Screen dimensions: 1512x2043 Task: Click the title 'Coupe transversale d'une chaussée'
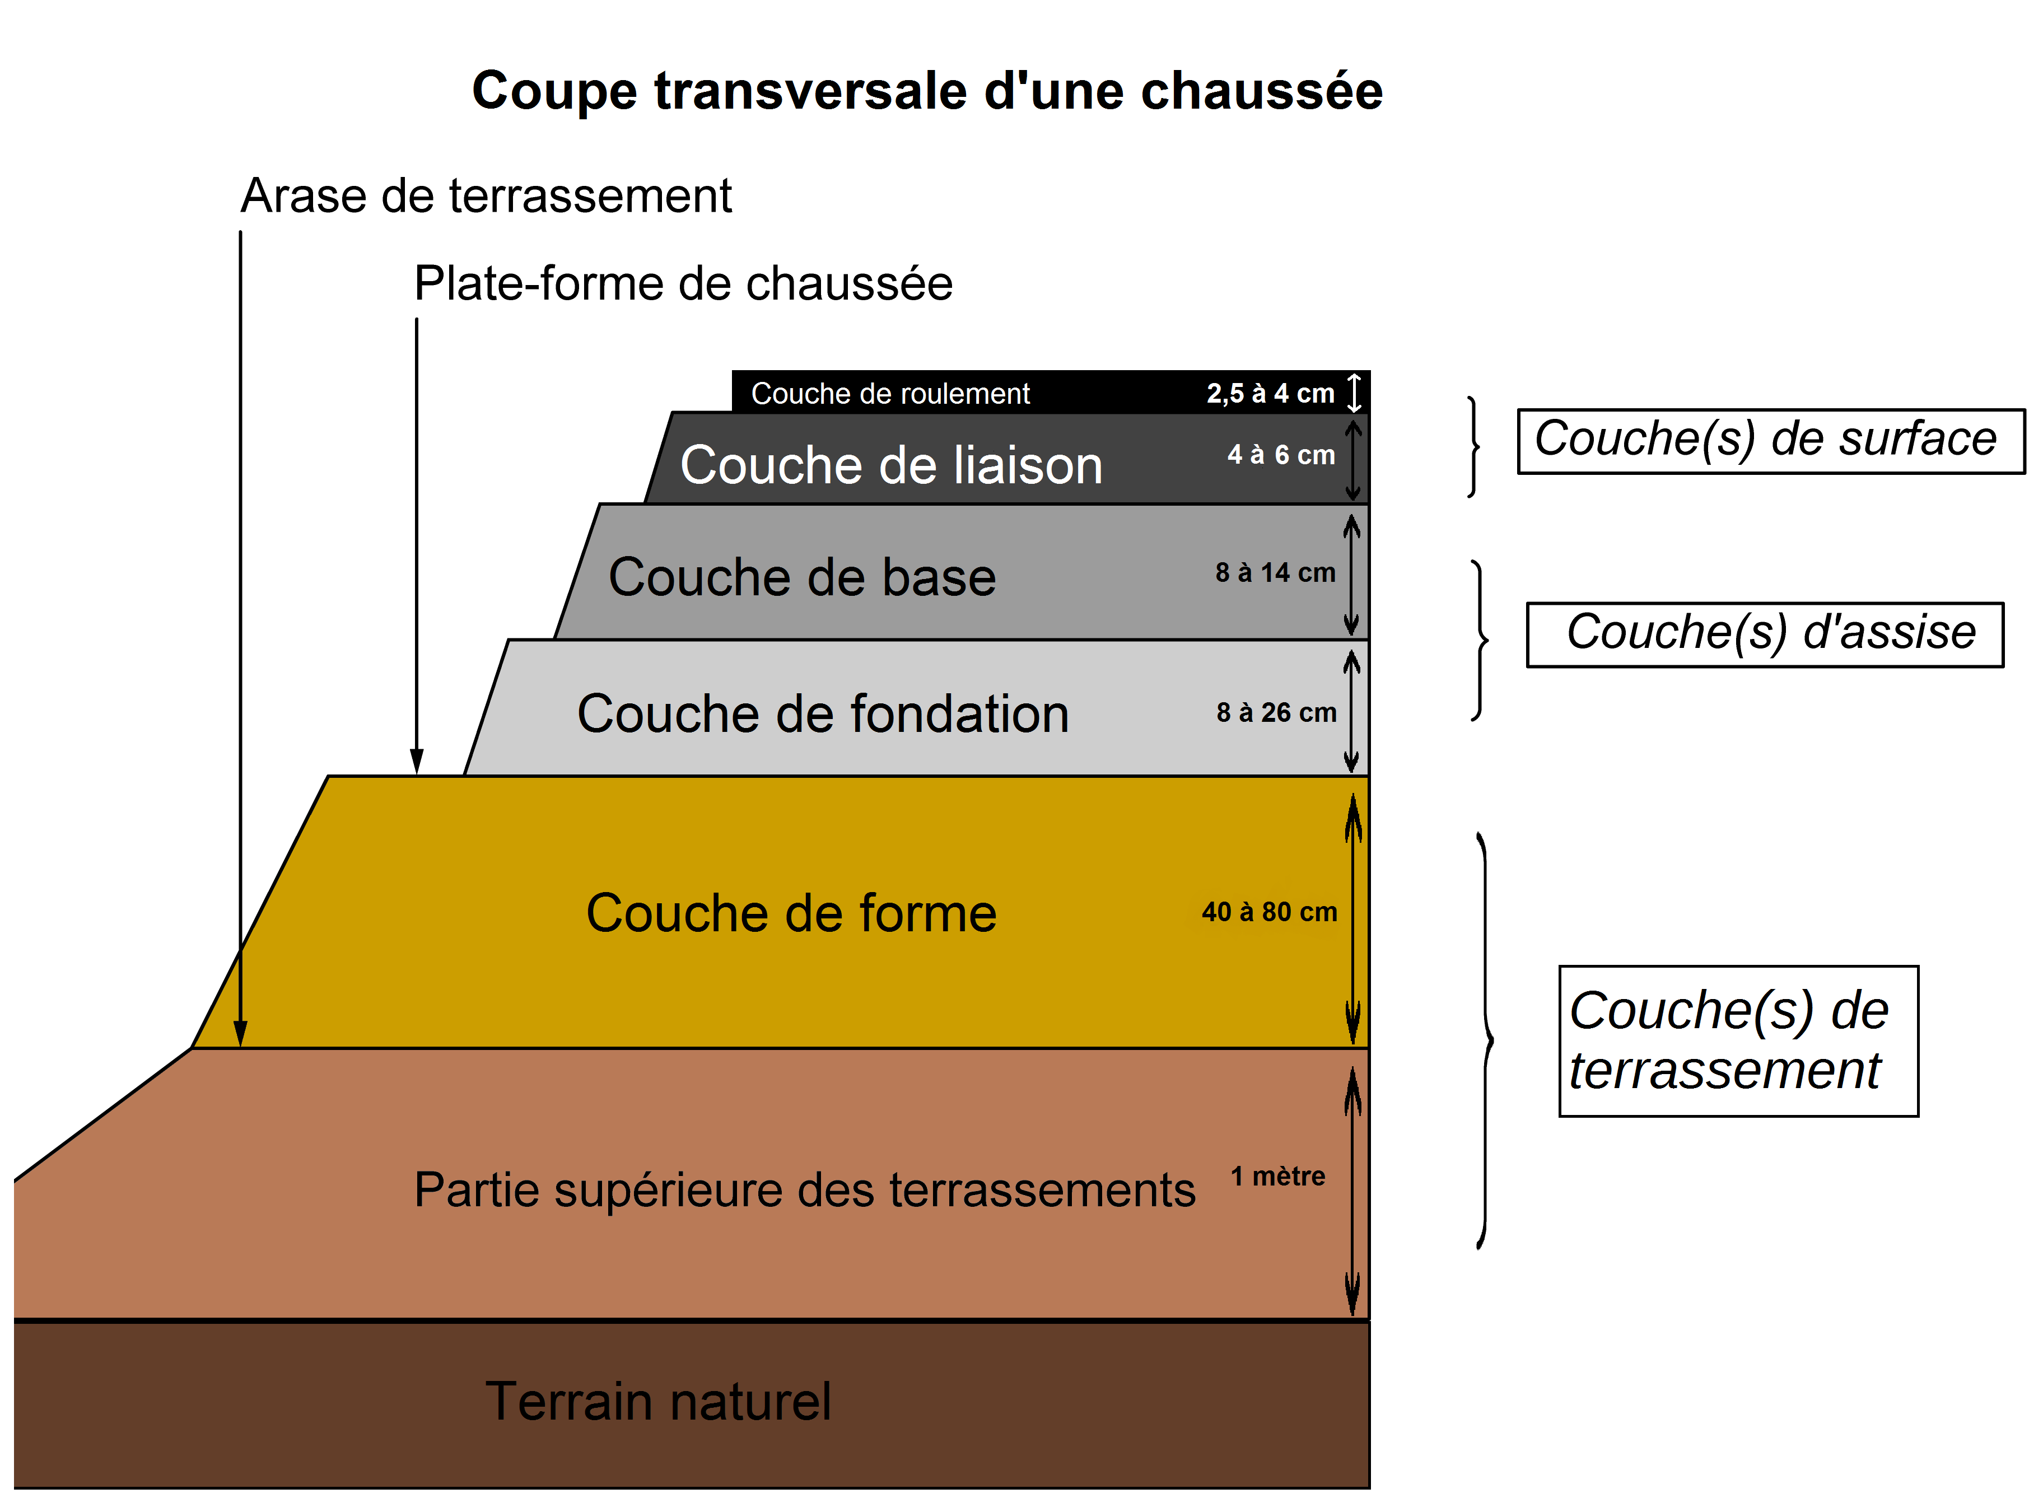926,91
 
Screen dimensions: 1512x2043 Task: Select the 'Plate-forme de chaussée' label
683,284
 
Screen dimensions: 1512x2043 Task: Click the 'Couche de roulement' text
890,394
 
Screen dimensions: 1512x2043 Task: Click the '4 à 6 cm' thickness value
1281,455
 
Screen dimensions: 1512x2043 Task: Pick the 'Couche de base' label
802,577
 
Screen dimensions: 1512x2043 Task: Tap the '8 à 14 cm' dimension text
1275,573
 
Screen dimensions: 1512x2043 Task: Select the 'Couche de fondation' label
822,714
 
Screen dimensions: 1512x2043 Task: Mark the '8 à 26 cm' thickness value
1276,713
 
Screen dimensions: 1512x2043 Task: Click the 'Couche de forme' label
791,913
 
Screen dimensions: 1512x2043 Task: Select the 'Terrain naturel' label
657,1402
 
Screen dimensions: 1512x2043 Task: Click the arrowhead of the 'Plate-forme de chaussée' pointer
417,762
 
